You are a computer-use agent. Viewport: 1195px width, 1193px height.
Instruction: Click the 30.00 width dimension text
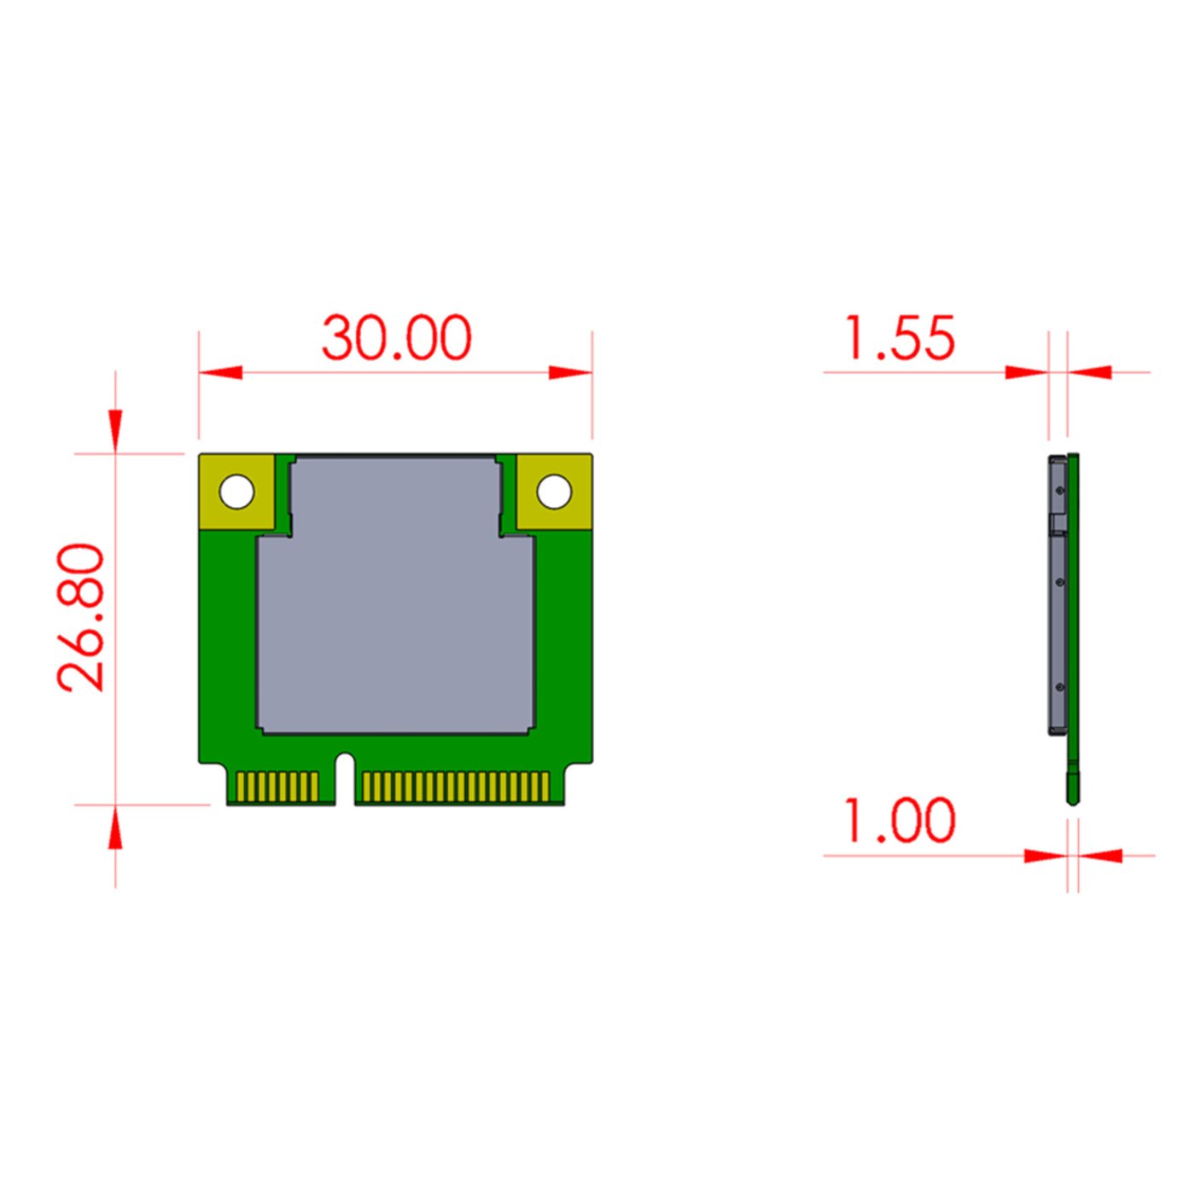point(396,338)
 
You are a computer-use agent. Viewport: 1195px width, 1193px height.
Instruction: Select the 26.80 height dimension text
point(81,616)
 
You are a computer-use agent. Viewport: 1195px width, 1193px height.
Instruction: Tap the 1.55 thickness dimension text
point(899,338)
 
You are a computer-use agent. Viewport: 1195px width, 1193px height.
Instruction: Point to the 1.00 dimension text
point(899,820)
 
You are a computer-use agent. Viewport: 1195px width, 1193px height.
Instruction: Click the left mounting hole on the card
point(236,492)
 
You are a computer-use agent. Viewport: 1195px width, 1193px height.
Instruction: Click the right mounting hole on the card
point(553,492)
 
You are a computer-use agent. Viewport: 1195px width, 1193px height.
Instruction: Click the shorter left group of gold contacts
point(277,787)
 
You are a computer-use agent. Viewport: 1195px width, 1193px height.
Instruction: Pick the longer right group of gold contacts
point(456,787)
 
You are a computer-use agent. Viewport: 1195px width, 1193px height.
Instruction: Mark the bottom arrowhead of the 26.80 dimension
point(115,829)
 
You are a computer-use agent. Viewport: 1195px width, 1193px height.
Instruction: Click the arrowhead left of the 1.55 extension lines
point(1026,373)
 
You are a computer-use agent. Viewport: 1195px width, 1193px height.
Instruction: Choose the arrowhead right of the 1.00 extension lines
point(1101,855)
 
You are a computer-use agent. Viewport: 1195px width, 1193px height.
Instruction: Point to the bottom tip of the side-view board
point(1072,800)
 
